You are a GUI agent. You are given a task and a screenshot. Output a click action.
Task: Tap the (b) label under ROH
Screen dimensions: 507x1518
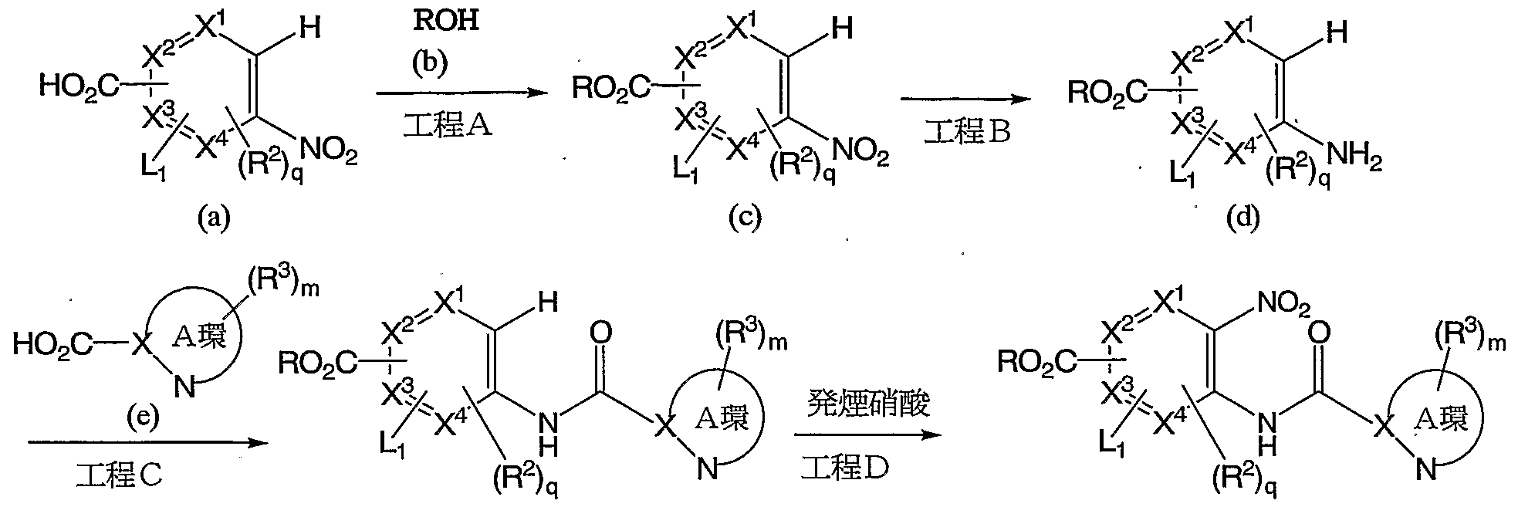[428, 64]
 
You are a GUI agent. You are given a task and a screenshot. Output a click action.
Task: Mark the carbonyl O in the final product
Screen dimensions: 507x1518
[1319, 334]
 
